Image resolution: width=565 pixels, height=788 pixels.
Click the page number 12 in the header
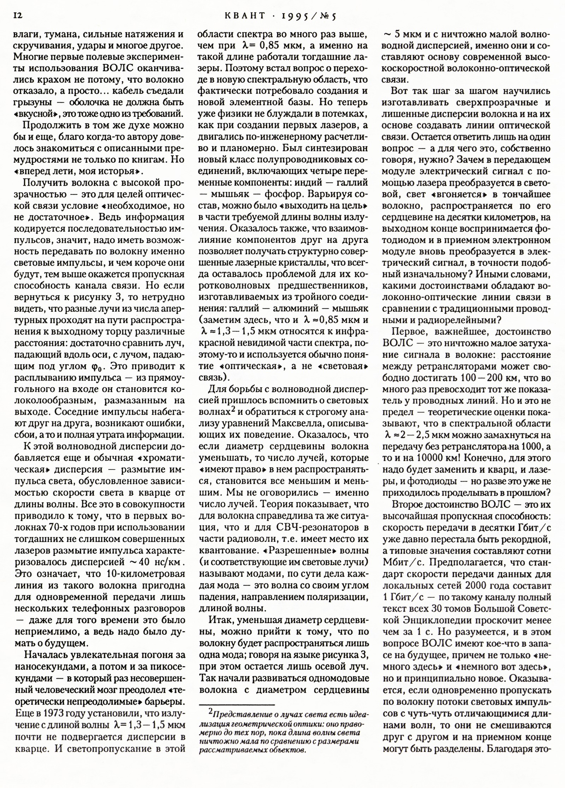click(18, 16)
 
